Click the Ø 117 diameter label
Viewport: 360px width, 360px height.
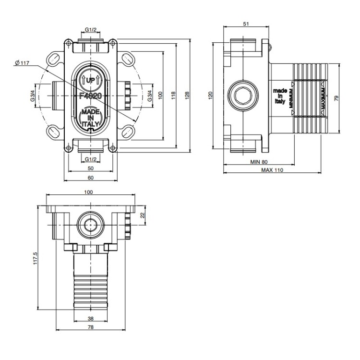(x=23, y=62)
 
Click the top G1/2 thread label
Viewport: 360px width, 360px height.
(x=90, y=30)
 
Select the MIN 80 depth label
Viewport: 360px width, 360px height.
(x=258, y=162)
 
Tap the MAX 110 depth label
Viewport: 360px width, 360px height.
(x=272, y=170)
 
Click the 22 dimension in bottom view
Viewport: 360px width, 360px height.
(x=142, y=215)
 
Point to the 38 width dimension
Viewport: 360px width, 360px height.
(x=90, y=318)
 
